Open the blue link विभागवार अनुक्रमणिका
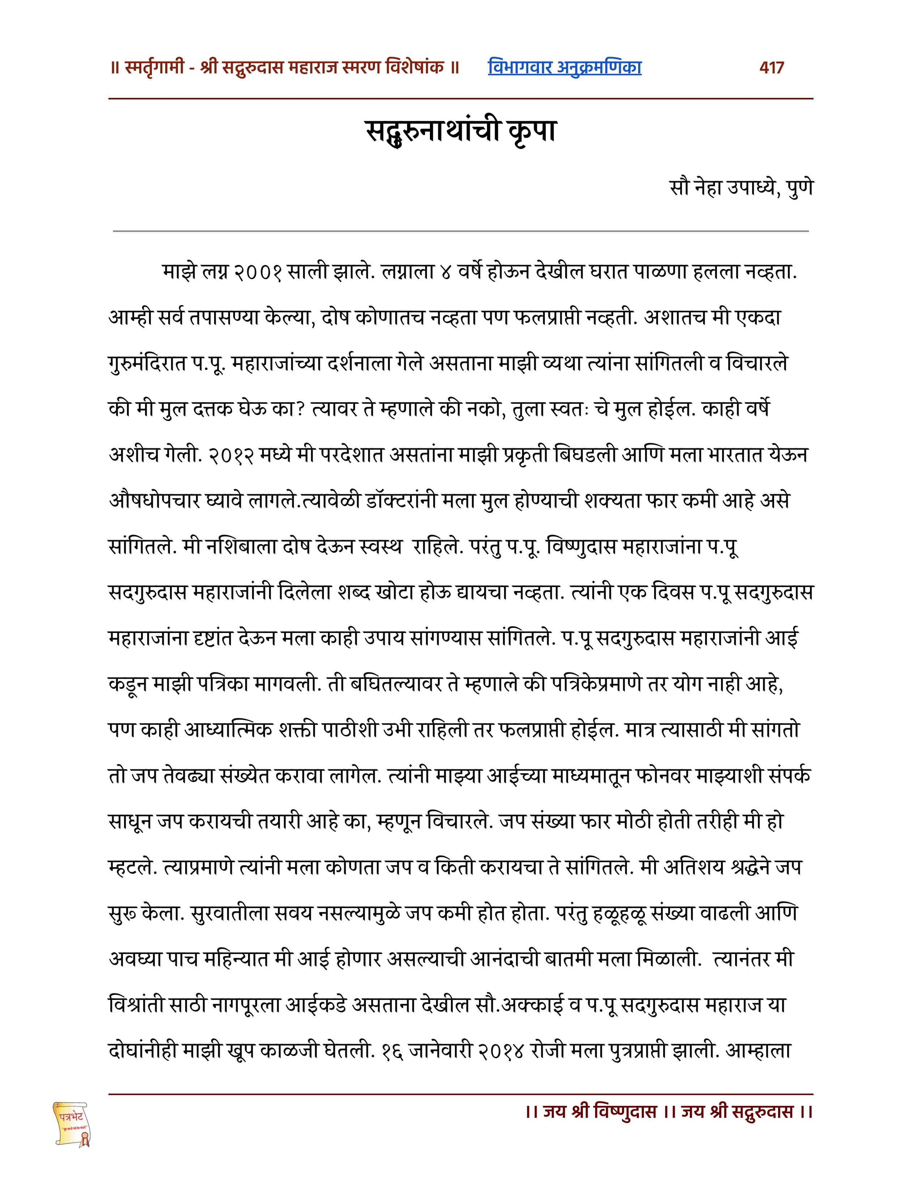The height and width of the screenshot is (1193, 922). click(564, 67)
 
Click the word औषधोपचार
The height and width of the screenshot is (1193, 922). click(155, 500)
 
